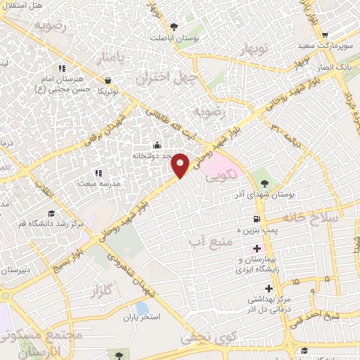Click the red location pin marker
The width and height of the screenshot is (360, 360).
pos(181,165)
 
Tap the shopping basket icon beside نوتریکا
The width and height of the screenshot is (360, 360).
pos(108,79)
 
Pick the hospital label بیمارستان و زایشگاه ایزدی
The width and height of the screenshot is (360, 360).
pos(262,262)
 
